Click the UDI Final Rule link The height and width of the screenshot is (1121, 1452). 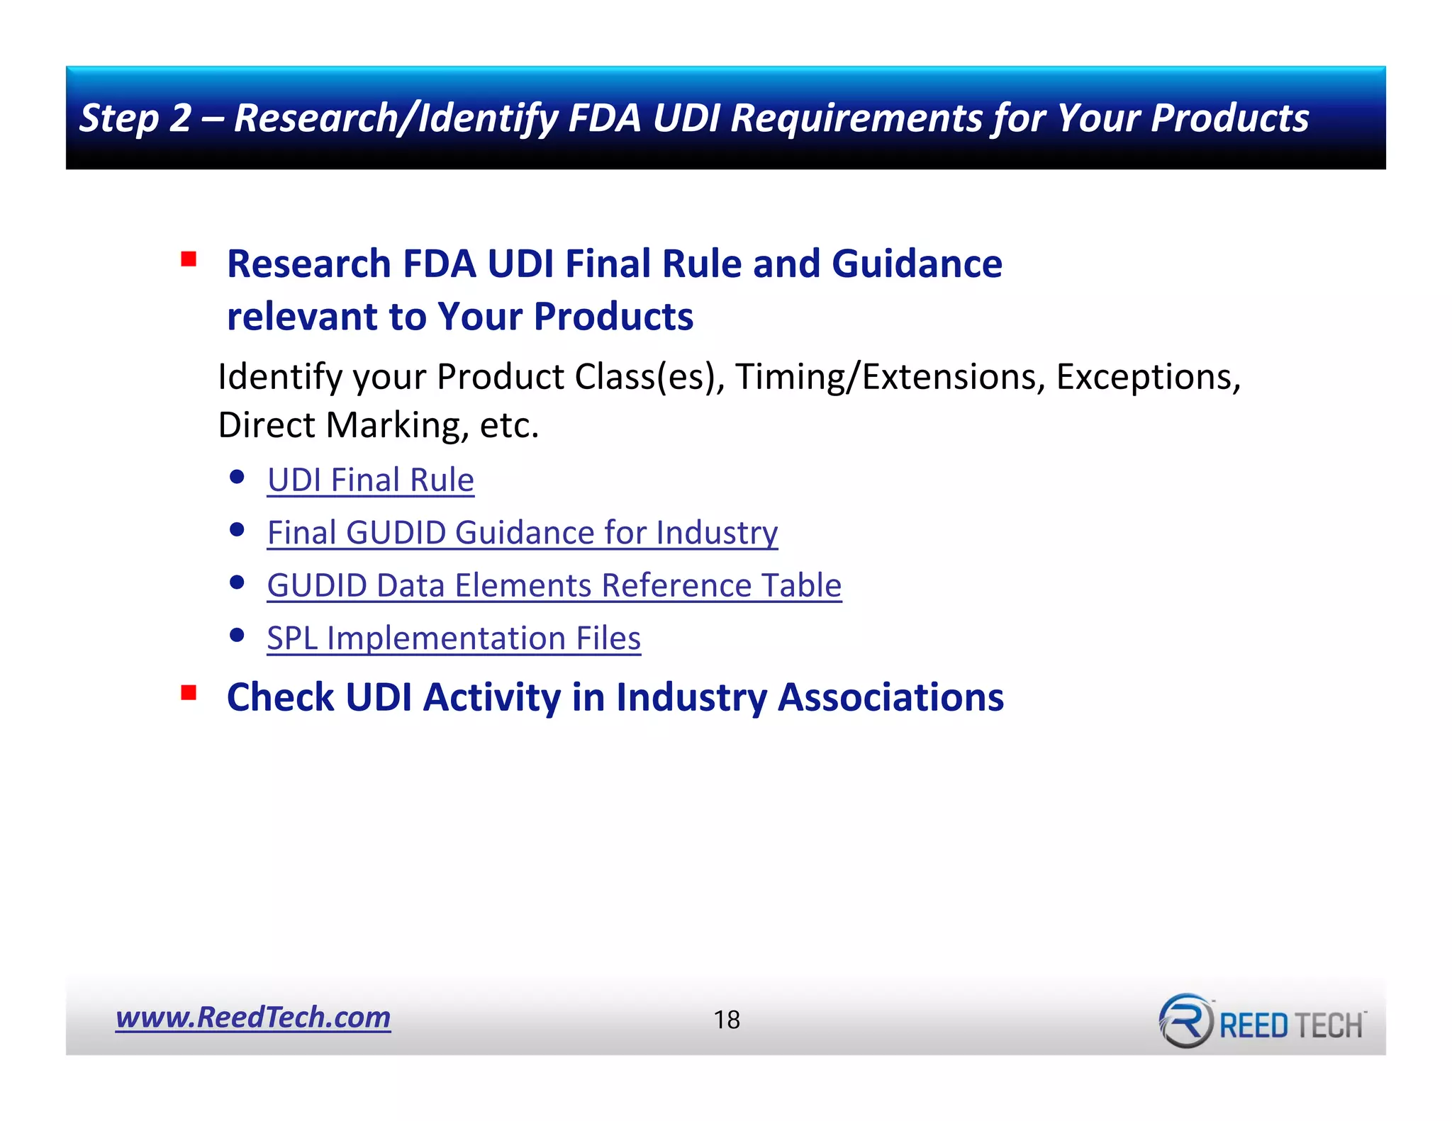click(x=370, y=480)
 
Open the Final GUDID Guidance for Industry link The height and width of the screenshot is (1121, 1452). click(x=522, y=532)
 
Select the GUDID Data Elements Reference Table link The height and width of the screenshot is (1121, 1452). click(x=554, y=585)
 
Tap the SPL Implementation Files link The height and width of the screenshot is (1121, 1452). click(x=454, y=638)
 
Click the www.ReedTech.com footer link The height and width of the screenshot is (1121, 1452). click(x=253, y=1017)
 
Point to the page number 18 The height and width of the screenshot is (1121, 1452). click(x=727, y=1020)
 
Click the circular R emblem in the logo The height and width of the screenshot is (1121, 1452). click(x=1185, y=1021)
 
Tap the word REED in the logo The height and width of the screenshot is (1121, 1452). click(x=1253, y=1025)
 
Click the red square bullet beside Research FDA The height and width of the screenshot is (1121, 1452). click(x=189, y=259)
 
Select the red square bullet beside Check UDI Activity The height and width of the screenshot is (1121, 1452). click(x=189, y=692)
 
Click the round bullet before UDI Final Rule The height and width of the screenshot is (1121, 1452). click(x=238, y=477)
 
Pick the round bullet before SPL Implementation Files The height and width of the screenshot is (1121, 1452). click(x=238, y=635)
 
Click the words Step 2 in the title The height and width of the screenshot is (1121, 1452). click(x=135, y=118)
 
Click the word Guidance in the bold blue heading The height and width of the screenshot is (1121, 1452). click(x=917, y=264)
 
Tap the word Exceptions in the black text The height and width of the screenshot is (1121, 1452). click(x=1148, y=376)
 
